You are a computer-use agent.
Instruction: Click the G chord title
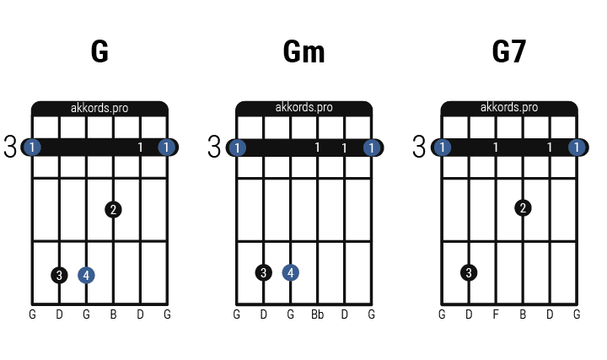99,52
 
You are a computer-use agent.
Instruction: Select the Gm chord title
304,52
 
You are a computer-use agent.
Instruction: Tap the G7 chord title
509,52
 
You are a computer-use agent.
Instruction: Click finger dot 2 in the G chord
114,208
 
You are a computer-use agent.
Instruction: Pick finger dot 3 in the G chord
59,275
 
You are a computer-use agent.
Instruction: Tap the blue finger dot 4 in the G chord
86,275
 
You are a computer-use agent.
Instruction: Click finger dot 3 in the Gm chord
264,272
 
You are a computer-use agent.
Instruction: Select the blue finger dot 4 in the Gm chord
291,272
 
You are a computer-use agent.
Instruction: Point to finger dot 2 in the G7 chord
524,207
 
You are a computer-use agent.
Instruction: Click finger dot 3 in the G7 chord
469,272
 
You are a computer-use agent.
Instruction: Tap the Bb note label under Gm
317,315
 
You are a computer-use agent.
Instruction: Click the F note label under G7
496,315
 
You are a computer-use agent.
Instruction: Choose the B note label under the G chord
113,315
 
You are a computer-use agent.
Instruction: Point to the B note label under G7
523,315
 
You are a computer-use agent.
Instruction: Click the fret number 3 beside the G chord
10,148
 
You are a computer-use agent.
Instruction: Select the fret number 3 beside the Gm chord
214,148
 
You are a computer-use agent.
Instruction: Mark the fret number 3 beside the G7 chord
420,148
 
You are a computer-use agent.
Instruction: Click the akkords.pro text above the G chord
99,108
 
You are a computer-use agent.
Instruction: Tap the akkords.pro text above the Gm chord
304,108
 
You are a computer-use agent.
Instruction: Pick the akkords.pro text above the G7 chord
509,108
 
